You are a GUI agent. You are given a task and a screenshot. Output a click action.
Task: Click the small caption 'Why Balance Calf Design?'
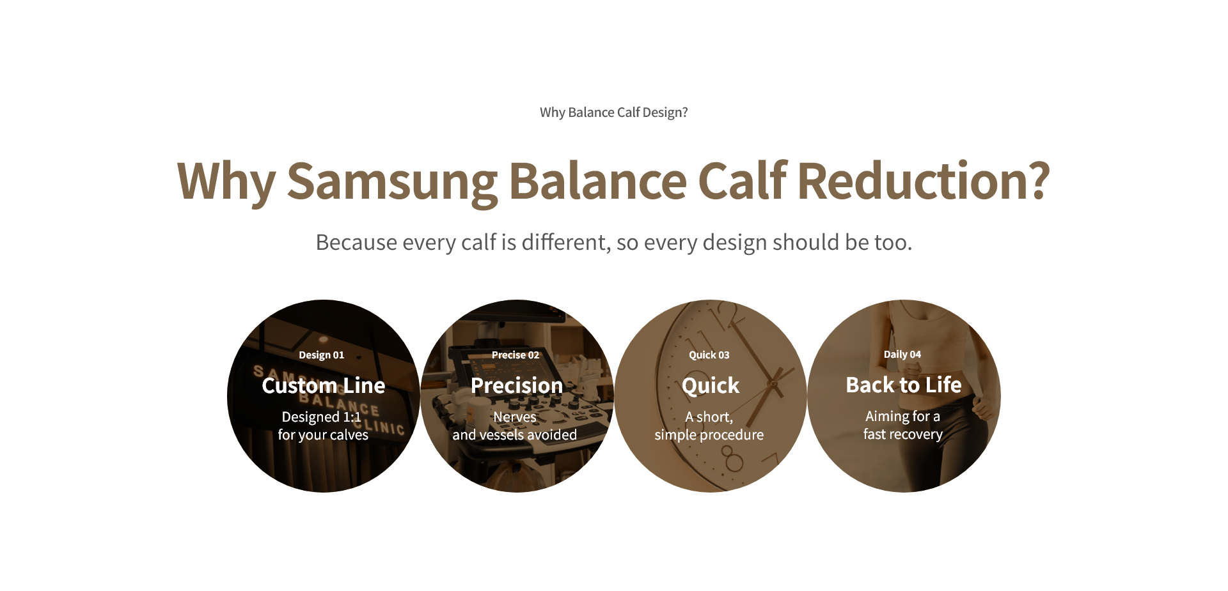click(614, 112)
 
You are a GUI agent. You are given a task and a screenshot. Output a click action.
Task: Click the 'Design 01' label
click(322, 355)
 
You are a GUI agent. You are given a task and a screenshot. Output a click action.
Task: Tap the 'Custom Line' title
click(324, 385)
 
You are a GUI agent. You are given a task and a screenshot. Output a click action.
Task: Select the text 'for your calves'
click(323, 435)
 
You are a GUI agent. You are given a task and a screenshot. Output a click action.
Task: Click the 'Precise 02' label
click(516, 355)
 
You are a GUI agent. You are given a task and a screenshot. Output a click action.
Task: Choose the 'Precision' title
click(517, 385)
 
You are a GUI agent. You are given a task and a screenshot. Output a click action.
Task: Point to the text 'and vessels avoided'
click(515, 435)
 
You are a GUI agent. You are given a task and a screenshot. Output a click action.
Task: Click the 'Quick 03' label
click(709, 355)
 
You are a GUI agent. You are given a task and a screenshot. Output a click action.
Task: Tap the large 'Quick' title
click(711, 386)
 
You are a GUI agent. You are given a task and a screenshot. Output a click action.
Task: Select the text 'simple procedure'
click(709, 435)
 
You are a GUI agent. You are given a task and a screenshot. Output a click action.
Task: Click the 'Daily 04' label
click(902, 355)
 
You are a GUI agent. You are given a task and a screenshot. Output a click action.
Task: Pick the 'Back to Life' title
click(904, 385)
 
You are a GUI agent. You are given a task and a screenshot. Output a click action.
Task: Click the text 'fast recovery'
click(903, 434)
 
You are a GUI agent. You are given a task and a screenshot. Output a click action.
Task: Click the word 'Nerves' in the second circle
click(515, 417)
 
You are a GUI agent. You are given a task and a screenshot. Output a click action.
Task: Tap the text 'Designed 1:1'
click(322, 417)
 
